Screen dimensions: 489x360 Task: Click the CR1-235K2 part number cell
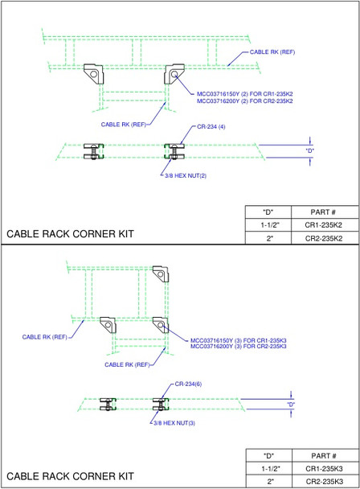(322, 226)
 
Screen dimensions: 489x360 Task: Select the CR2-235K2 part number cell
(322, 239)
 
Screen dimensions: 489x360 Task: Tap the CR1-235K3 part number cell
(322, 468)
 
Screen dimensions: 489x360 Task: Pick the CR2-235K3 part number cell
(322, 481)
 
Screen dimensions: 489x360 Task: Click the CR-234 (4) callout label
(211, 126)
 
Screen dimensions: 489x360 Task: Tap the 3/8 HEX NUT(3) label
(171, 421)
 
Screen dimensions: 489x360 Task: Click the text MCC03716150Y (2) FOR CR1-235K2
(244, 94)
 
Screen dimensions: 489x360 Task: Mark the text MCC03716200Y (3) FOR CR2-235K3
(238, 347)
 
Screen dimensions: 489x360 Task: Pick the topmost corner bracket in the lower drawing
(161, 275)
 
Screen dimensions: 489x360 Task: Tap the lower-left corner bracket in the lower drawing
(108, 326)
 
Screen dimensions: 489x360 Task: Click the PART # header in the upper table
(322, 212)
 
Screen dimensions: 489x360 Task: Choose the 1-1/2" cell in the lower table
(269, 468)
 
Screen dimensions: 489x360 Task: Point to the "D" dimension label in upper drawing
(310, 150)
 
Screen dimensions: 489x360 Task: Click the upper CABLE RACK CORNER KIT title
(70, 234)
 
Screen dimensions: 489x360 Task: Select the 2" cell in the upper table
(269, 239)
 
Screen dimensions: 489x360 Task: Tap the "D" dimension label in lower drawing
(291, 403)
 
